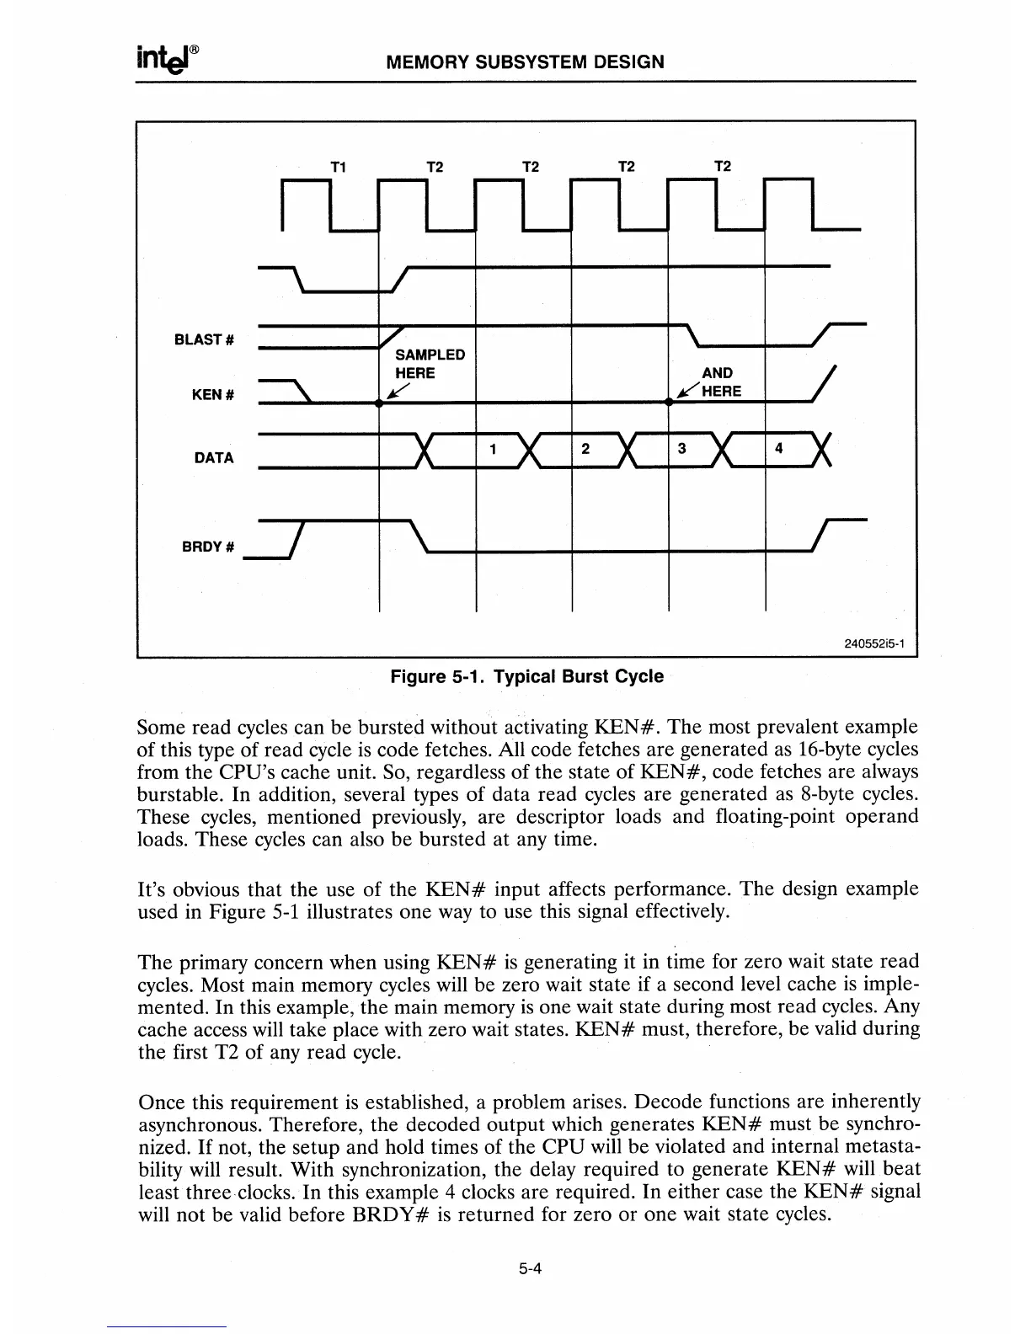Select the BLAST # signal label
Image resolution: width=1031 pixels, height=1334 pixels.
pyautogui.click(x=203, y=339)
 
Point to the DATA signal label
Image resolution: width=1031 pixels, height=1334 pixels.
pyautogui.click(x=214, y=458)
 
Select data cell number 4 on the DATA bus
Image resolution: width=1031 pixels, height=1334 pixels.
pyautogui.click(x=779, y=449)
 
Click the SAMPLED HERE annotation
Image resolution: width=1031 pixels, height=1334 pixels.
pyautogui.click(x=430, y=363)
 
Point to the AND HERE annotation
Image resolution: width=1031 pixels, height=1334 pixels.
pyautogui.click(x=716, y=382)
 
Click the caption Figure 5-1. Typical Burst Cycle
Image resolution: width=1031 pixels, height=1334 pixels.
pyautogui.click(x=526, y=677)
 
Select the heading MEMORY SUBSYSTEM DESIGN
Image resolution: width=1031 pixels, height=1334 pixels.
pyautogui.click(x=524, y=61)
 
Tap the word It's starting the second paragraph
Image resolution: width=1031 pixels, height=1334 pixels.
pyautogui.click(x=154, y=889)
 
